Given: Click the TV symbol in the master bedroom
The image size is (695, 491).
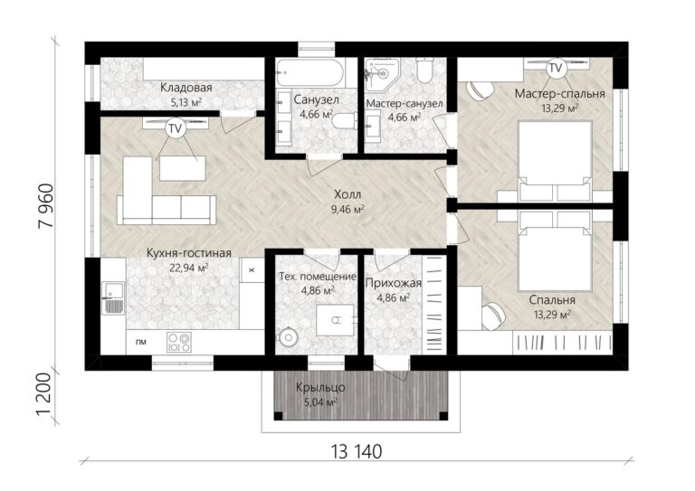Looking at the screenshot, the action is [x=556, y=68].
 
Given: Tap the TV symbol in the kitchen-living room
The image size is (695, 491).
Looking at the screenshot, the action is [x=176, y=128].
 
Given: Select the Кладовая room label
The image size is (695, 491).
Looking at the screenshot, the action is [x=186, y=87].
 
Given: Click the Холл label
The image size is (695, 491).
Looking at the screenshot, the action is [x=347, y=194].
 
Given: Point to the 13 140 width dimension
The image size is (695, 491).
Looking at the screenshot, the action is [x=356, y=451].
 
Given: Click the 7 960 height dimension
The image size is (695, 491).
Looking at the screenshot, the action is [x=46, y=206].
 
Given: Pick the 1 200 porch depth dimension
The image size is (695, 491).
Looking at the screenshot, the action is [x=46, y=394].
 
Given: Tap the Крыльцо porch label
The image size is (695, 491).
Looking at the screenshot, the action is [x=320, y=388].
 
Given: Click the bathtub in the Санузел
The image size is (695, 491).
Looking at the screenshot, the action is [x=309, y=73].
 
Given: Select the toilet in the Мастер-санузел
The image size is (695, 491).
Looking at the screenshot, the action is [x=424, y=71].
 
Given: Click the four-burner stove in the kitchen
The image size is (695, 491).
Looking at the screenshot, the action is [x=179, y=342].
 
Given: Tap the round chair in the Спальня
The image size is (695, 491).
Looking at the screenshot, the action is [x=493, y=316].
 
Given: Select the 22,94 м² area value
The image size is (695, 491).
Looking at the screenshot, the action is [x=189, y=268].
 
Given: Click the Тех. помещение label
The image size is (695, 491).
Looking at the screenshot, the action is [x=318, y=277].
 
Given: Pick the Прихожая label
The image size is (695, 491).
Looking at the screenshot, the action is [x=393, y=283].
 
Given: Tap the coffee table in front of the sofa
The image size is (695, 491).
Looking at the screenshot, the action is [x=183, y=168].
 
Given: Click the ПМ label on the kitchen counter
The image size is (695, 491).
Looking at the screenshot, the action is [x=141, y=342].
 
